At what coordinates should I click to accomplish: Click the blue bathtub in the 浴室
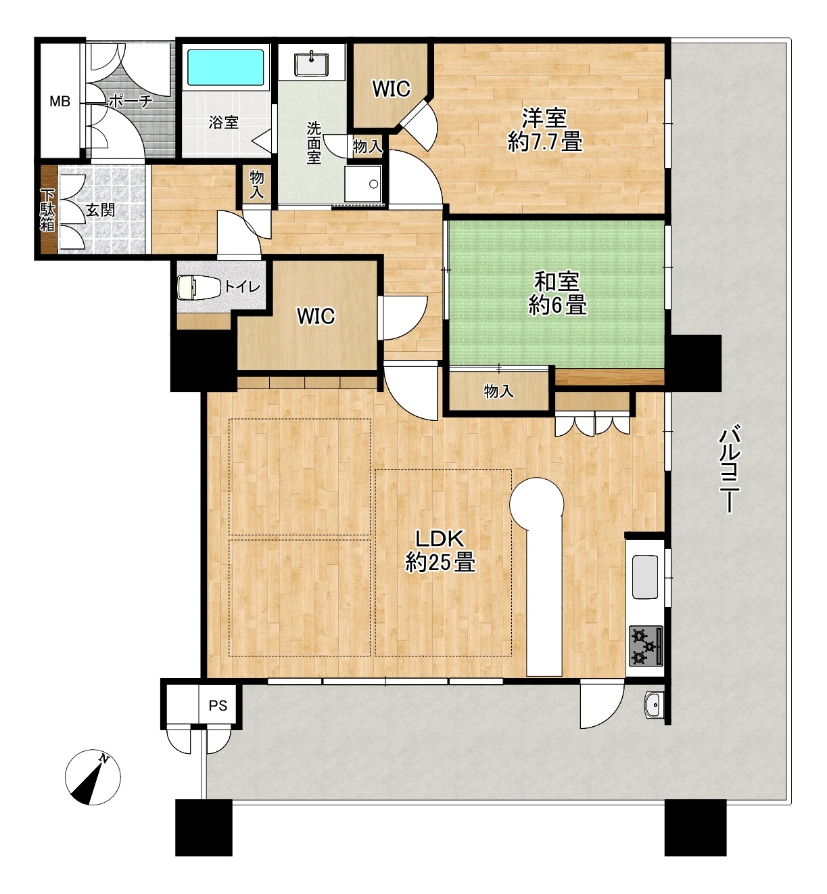click(x=225, y=67)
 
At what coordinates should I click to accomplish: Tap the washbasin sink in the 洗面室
click(x=311, y=64)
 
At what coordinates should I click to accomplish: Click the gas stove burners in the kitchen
click(x=646, y=646)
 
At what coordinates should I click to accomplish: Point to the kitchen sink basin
click(x=645, y=577)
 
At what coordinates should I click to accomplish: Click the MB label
click(x=60, y=102)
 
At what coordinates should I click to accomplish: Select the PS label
click(x=218, y=705)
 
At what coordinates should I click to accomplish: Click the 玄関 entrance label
click(x=100, y=210)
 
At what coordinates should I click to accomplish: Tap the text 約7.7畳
click(x=545, y=142)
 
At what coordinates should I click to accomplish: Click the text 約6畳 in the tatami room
click(x=557, y=306)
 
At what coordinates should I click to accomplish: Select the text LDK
click(x=439, y=538)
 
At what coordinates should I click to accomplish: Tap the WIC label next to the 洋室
click(x=391, y=89)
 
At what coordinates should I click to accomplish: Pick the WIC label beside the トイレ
click(x=315, y=317)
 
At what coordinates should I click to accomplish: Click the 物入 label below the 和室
click(x=498, y=392)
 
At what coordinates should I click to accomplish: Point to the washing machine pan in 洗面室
click(x=363, y=183)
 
